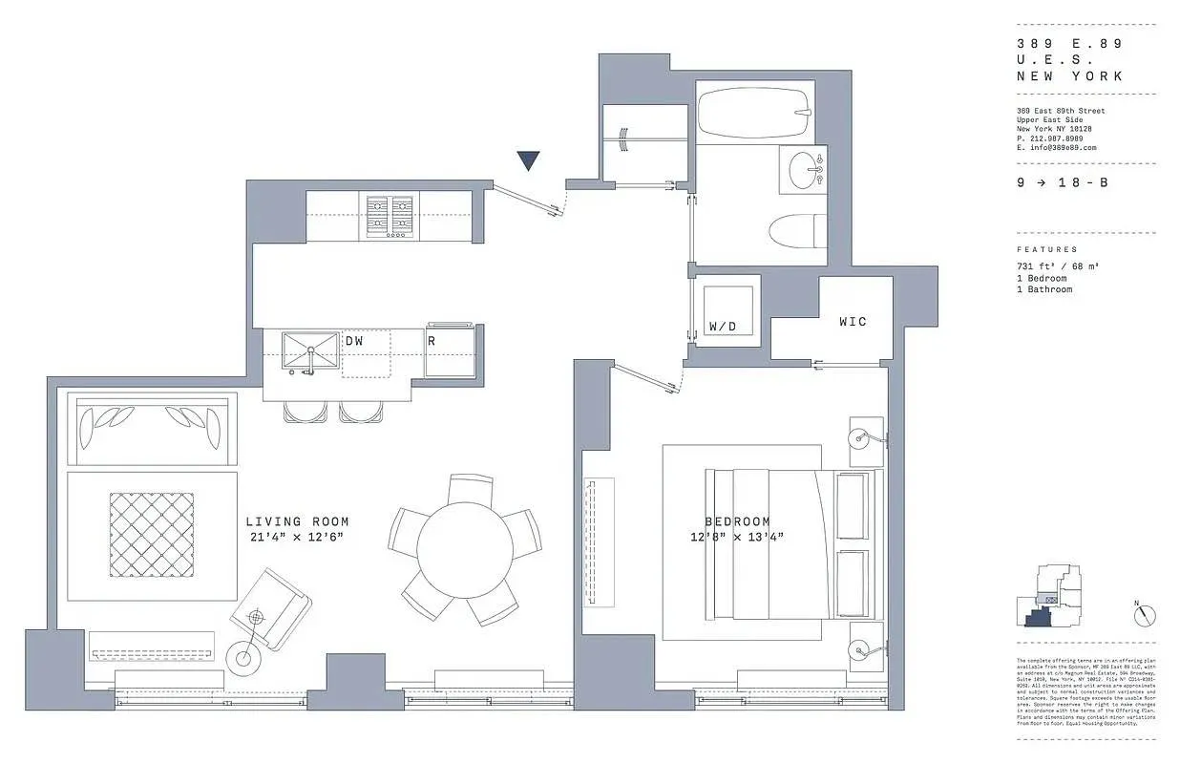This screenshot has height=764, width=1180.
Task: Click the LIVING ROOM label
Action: pos(297,521)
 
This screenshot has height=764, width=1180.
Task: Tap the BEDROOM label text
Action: pos(737,521)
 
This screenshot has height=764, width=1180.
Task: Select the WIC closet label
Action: pos(853,322)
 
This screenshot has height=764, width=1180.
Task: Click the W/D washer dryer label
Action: pos(723,327)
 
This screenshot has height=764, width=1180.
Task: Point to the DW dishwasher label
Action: pos(354,341)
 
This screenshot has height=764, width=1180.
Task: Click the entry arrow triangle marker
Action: pos(528,160)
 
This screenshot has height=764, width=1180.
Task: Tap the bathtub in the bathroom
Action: pos(753,114)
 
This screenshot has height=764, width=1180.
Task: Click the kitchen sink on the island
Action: pos(310,352)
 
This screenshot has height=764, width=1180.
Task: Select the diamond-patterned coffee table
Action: pos(152,535)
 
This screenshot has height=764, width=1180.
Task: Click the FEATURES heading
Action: pos(1047,249)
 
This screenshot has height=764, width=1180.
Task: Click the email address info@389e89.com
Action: pos(1057,148)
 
